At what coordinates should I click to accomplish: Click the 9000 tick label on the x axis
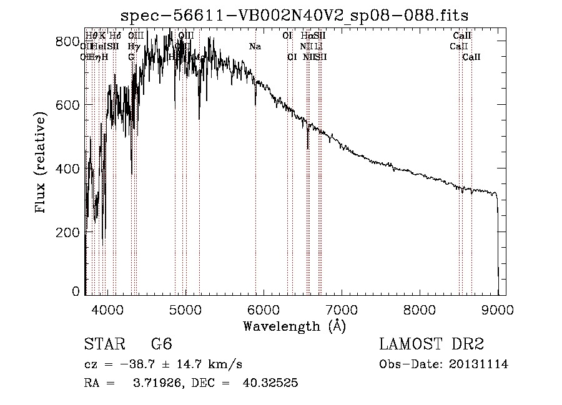[x=498, y=309]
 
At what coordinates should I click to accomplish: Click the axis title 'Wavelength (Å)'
[x=294, y=325]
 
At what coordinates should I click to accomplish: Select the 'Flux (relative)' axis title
[x=42, y=163]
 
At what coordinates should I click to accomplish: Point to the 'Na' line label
[x=255, y=47]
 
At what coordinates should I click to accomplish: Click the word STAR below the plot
[x=103, y=344]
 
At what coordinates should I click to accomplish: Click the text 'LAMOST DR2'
[x=431, y=344]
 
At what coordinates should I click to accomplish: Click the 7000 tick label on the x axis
[x=342, y=309]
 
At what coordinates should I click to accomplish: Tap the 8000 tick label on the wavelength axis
[x=420, y=309]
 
